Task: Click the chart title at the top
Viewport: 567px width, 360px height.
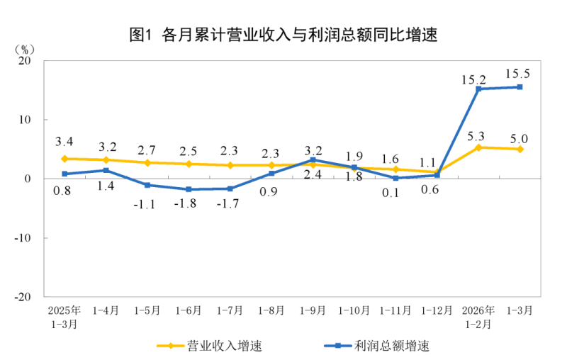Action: click(283, 34)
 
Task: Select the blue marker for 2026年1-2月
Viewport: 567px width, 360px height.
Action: click(478, 89)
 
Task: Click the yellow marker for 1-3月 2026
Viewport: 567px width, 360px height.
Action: click(520, 149)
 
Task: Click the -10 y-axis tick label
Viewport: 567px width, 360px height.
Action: click(24, 237)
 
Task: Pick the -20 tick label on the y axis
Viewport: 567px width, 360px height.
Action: click(24, 297)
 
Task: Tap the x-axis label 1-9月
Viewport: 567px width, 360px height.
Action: click(313, 310)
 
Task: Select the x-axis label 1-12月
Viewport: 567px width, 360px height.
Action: click(437, 310)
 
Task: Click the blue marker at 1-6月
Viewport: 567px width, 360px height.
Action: click(189, 189)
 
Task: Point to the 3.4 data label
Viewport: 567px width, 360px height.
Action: click(64, 142)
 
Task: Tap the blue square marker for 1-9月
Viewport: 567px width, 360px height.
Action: click(313, 160)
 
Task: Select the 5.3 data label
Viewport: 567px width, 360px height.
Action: click(478, 135)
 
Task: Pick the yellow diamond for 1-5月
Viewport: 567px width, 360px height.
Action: click(147, 163)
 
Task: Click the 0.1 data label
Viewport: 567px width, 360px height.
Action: click(395, 193)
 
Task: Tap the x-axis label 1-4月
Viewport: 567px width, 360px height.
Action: click(106, 310)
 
